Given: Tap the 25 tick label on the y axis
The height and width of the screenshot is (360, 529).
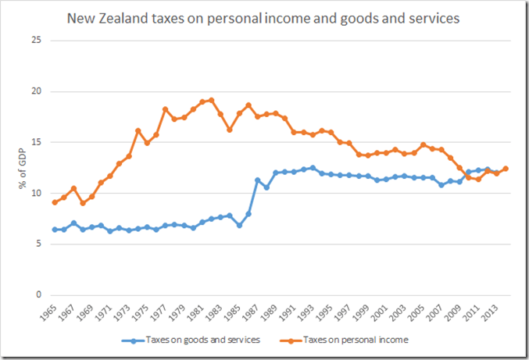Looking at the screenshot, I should click(x=35, y=41).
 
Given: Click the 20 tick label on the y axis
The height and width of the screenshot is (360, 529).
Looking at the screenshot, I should click(x=35, y=91).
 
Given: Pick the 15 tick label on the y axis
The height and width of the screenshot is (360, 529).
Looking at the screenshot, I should click(x=35, y=142).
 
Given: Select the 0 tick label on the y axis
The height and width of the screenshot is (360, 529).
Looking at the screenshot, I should click(x=38, y=295).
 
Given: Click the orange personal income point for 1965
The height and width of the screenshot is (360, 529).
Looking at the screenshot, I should click(x=55, y=202).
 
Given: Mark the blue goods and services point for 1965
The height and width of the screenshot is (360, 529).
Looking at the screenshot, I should click(x=55, y=230).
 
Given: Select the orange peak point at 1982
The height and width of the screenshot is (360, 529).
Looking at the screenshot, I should click(x=211, y=100).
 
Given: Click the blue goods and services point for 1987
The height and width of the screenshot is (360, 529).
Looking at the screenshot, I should click(x=257, y=180).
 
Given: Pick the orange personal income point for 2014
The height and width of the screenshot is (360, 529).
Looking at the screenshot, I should click(x=506, y=169).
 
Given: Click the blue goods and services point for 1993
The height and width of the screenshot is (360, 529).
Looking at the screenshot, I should click(x=313, y=168).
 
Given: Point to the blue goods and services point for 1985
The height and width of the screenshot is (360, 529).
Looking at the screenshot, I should click(x=239, y=225).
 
